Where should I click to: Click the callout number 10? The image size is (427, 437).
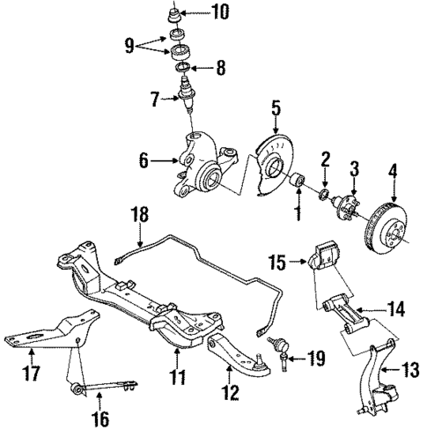pos(218,12)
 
